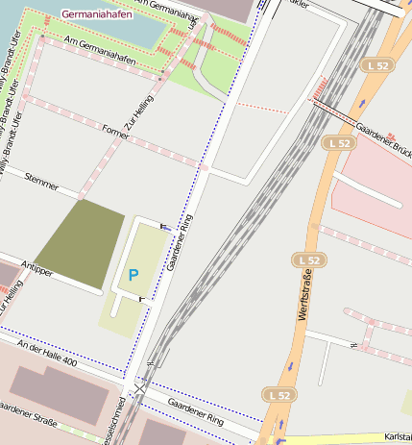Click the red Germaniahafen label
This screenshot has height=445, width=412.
point(97,15)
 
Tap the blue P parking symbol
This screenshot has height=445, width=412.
point(133,276)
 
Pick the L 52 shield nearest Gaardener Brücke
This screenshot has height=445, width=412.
point(337,142)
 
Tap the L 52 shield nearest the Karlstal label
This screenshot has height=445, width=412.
point(279,394)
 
